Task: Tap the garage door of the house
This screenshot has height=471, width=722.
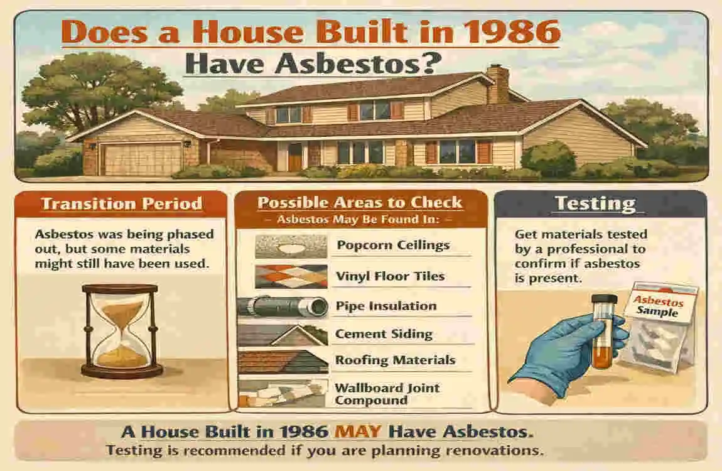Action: point(134,159)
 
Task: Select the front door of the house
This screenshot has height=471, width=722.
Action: point(294,156)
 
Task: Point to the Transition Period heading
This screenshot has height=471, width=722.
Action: point(122,203)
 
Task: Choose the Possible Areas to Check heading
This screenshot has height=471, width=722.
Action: point(360,203)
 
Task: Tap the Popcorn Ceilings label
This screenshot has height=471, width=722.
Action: point(393,244)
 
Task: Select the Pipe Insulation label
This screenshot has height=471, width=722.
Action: point(386,306)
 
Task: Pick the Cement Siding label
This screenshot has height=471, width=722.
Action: point(384,334)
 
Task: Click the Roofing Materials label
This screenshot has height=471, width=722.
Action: point(395,360)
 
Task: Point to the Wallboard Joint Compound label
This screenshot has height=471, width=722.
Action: point(386,394)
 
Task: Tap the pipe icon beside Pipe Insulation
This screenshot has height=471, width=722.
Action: point(283,306)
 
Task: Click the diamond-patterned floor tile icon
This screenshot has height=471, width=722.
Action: point(291,276)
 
